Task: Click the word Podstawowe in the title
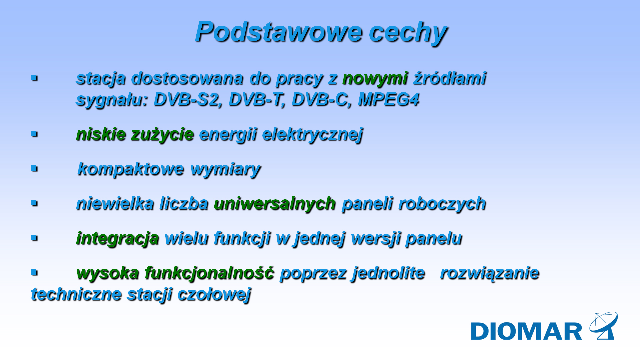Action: click(278, 32)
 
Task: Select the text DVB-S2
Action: click(187, 100)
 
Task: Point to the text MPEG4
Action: click(388, 100)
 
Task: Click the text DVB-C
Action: click(321, 100)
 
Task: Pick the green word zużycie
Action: click(162, 135)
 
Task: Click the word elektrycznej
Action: click(312, 135)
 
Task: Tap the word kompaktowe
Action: click(130, 169)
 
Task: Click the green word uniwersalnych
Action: click(275, 204)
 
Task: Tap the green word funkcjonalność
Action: click(209, 273)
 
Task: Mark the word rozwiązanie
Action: click(489, 273)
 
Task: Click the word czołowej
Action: click(214, 295)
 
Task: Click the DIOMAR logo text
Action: click(526, 331)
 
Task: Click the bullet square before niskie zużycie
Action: click(34, 134)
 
